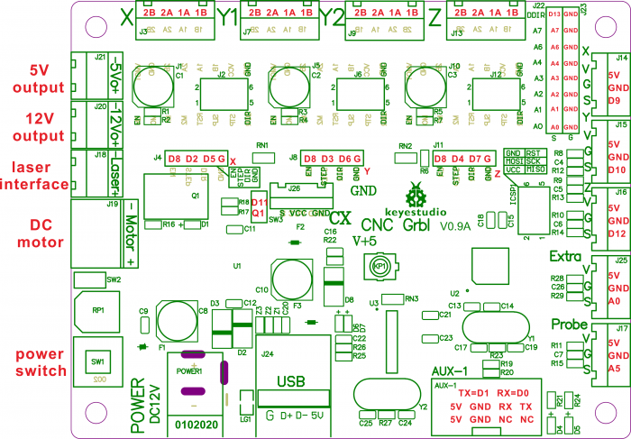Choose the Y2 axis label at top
point(333,15)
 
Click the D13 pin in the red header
point(555,15)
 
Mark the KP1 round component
point(381,266)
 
